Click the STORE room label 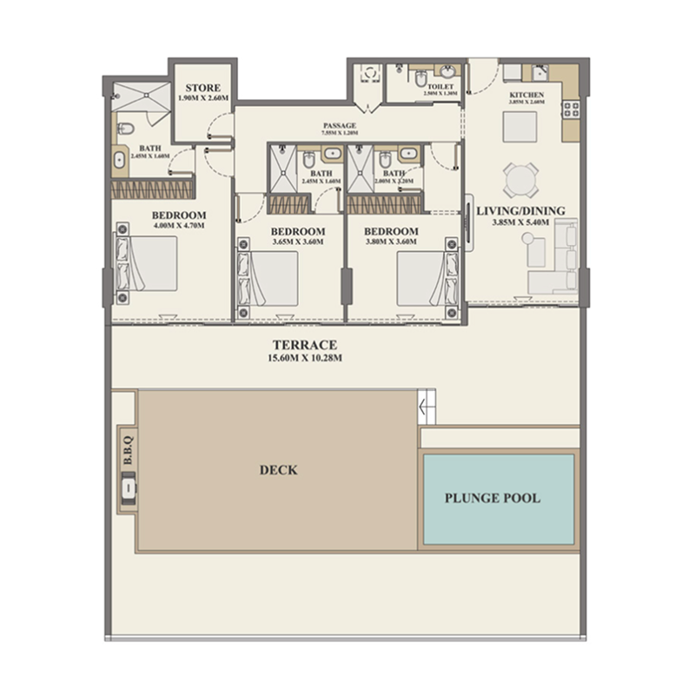tap(202, 88)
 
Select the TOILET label tap(440, 88)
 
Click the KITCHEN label tap(527, 95)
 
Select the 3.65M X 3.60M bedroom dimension tap(297, 242)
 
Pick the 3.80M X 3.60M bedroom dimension tap(390, 242)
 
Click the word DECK tap(278, 470)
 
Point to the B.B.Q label tap(127, 456)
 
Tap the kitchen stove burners tap(572, 109)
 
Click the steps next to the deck tap(426, 407)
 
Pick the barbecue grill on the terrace tap(128, 489)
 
